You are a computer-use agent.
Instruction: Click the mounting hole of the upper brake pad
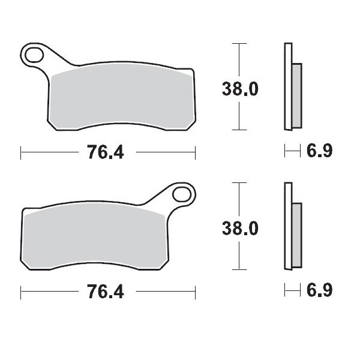tap(34, 56)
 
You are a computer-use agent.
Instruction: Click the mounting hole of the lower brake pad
tap(182, 195)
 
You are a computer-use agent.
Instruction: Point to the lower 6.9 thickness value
tap(319, 292)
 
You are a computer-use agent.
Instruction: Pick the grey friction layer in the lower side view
tap(296, 235)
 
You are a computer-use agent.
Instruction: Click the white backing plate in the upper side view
tap(288, 87)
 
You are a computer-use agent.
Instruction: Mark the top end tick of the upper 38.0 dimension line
tap(239, 44)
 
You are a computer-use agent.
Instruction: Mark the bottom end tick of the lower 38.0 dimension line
tap(239, 269)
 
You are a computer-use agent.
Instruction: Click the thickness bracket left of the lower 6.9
tap(292, 292)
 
